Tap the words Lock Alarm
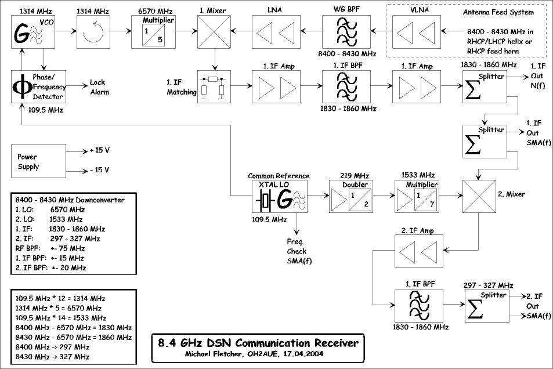(99, 87)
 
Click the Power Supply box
(39, 161)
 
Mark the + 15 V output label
(99, 151)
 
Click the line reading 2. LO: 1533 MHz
(49, 219)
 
